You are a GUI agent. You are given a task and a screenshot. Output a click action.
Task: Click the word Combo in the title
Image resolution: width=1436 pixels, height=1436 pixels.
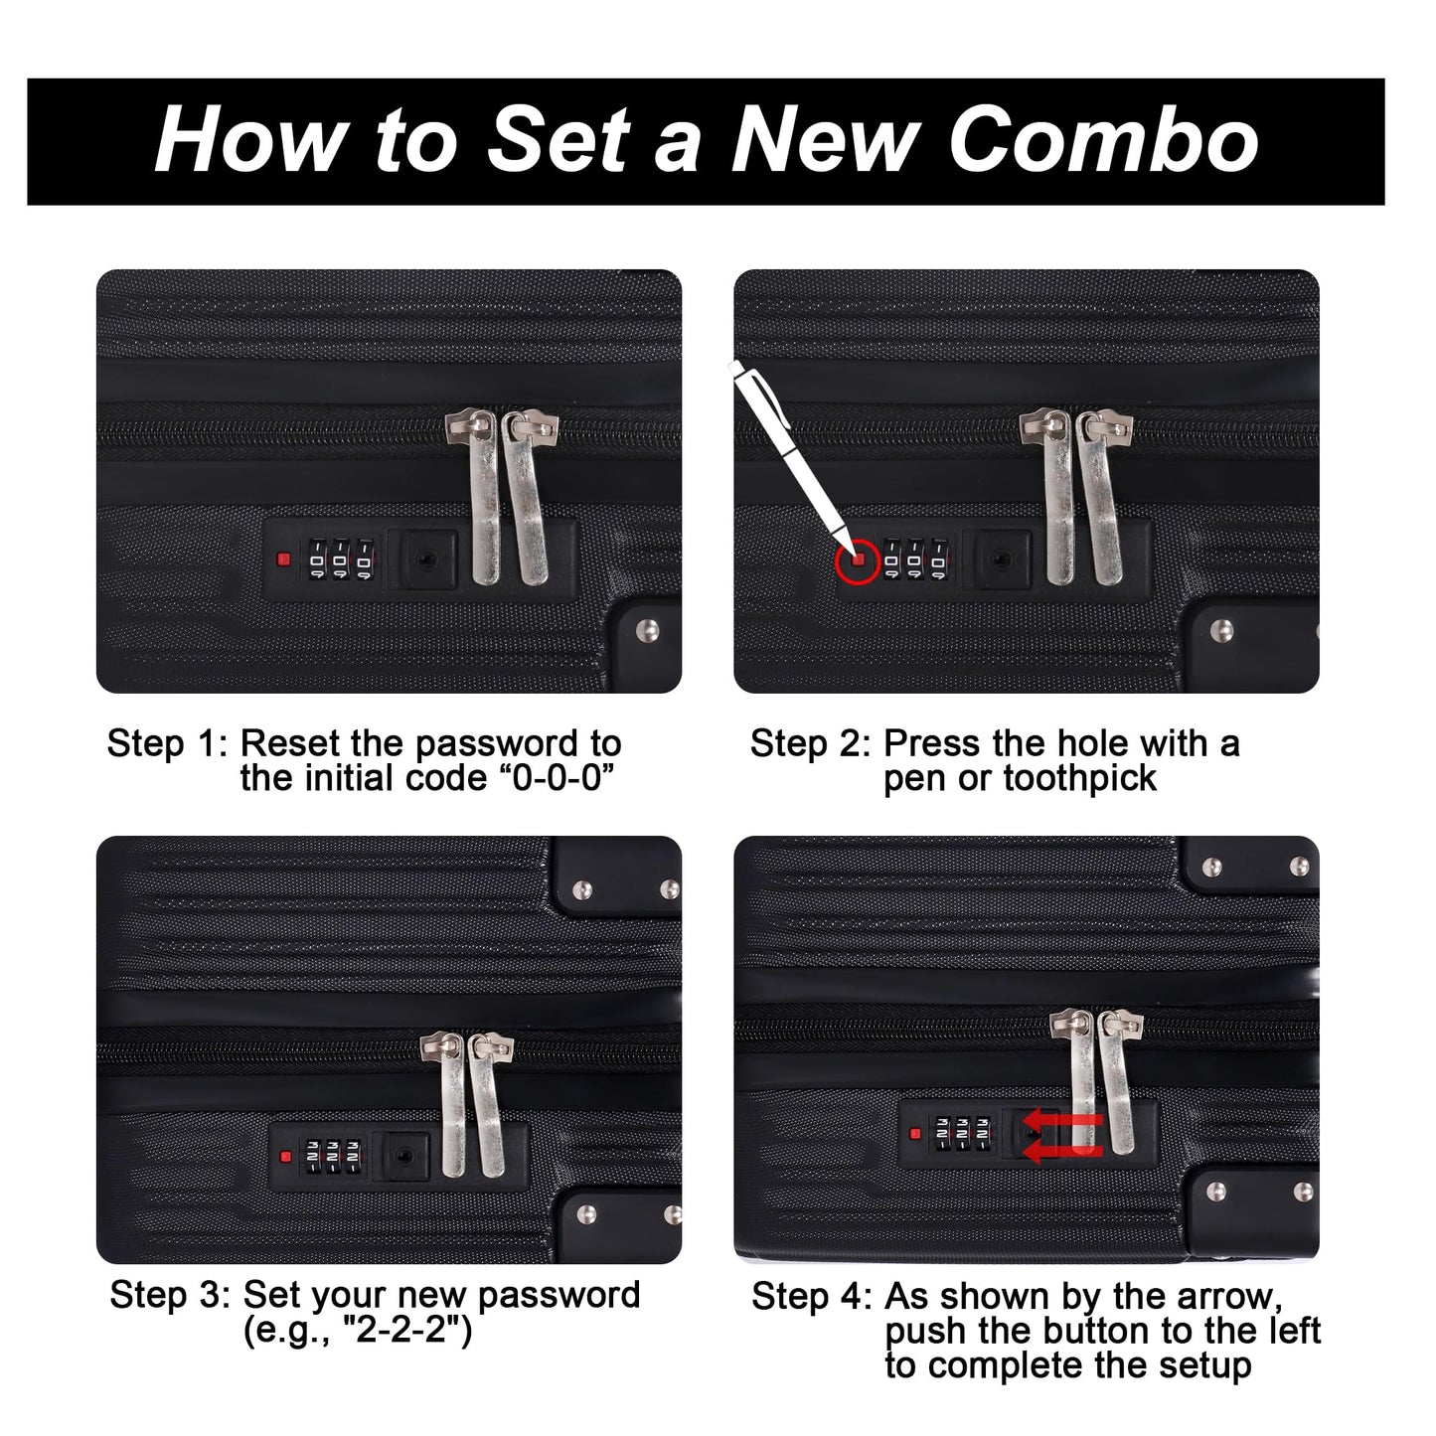[1104, 140]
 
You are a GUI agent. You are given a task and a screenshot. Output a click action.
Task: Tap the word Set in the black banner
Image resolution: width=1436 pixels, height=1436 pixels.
[558, 140]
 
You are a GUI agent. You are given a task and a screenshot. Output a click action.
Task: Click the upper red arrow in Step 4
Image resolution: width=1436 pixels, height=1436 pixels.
[1062, 1119]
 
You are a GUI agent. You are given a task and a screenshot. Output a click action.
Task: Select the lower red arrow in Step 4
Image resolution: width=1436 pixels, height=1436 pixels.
[1062, 1154]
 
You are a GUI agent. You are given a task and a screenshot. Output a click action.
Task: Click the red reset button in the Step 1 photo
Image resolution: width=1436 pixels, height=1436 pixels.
[283, 558]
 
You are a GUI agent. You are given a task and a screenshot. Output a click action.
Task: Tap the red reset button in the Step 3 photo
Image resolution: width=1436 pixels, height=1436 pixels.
[284, 1157]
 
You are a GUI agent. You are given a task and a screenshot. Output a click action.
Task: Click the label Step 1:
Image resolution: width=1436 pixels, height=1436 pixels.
[167, 743]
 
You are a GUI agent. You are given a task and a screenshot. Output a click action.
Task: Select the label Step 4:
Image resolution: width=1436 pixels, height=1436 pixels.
[812, 1297]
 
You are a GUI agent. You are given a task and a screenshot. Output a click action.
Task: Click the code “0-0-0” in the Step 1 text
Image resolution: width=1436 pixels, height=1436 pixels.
[556, 778]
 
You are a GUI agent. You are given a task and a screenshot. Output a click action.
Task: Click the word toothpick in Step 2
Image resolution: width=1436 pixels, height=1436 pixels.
[1080, 779]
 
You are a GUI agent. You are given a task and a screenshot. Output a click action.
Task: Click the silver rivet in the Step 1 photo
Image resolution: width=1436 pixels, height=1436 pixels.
[648, 630]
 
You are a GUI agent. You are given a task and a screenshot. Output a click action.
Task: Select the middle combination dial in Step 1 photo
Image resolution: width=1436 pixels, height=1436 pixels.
[340, 559]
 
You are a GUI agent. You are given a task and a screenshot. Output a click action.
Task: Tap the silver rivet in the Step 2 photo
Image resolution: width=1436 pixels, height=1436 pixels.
[1220, 630]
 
